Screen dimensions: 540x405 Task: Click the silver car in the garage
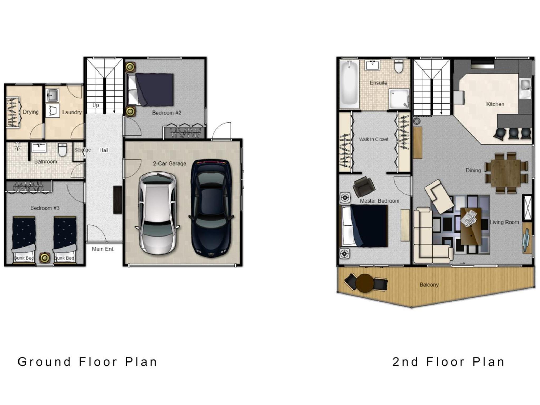point(157,213)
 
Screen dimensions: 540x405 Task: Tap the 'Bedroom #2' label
point(167,113)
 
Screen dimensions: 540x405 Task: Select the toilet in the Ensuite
point(399,66)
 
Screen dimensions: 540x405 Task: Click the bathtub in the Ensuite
point(349,84)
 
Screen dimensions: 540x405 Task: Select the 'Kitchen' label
point(495,104)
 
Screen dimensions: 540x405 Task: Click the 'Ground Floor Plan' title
point(87,362)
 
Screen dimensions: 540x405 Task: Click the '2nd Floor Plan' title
point(448,362)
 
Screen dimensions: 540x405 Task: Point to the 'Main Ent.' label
point(103,249)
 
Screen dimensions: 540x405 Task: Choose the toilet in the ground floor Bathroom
point(62,150)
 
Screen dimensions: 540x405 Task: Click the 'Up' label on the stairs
point(95,105)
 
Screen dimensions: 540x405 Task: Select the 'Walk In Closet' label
point(373,139)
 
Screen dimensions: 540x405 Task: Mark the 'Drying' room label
point(31,112)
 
